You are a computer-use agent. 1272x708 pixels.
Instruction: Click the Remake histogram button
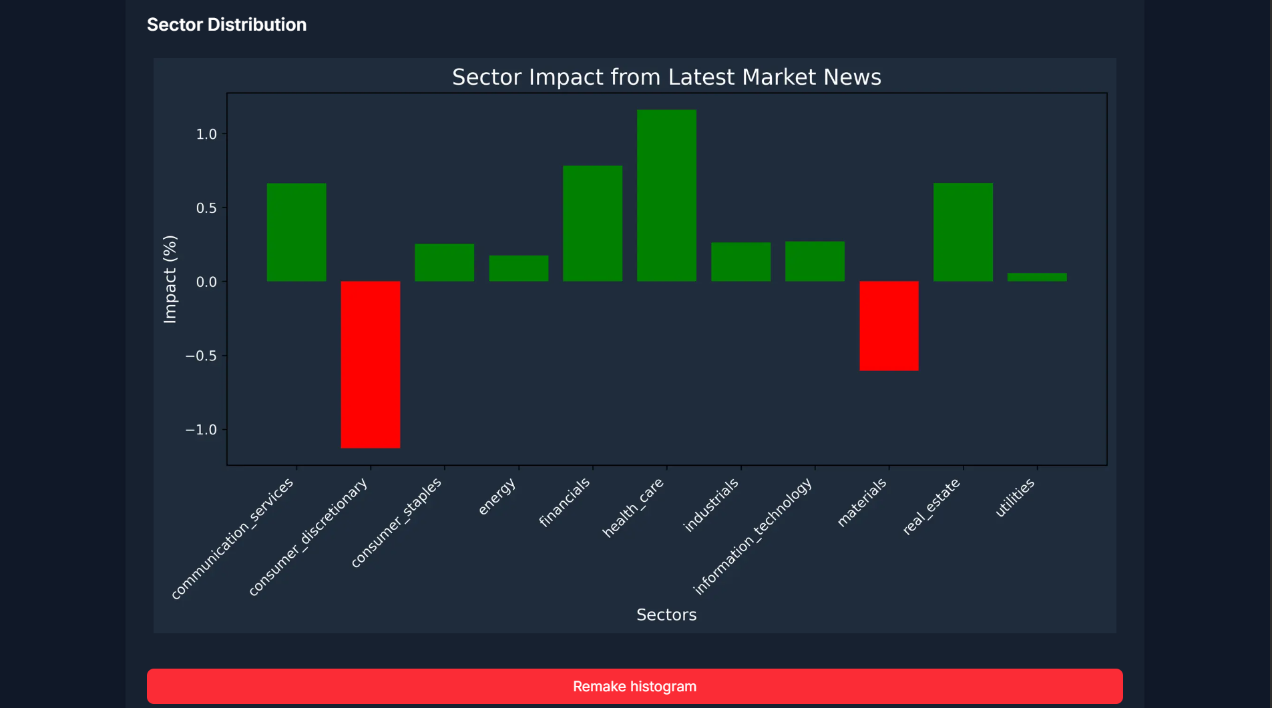pyautogui.click(x=634, y=686)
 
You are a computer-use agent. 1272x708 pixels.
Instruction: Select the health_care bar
pyautogui.click(x=666, y=196)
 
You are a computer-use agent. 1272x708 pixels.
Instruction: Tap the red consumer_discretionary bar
pyautogui.click(x=371, y=364)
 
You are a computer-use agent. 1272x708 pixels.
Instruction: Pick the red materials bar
pyautogui.click(x=889, y=326)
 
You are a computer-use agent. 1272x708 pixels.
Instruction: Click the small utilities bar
pyautogui.click(x=1037, y=277)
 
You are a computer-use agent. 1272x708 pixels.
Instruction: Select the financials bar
pyautogui.click(x=592, y=224)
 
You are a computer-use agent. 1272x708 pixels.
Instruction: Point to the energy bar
pyautogui.click(x=519, y=268)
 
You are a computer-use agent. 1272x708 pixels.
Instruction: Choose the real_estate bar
pyautogui.click(x=963, y=232)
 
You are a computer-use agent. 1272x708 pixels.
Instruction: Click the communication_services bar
pyautogui.click(x=296, y=232)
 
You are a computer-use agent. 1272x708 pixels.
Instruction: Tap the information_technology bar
pyautogui.click(x=815, y=262)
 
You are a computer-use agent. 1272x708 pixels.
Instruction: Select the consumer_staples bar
pyautogui.click(x=444, y=262)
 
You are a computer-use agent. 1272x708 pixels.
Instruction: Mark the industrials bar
pyautogui.click(x=740, y=262)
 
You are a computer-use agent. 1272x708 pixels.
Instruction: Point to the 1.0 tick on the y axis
pyautogui.click(x=206, y=134)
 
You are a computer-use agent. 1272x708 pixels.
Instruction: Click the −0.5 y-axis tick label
pyautogui.click(x=202, y=356)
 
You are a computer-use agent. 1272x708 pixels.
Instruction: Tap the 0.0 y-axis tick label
pyautogui.click(x=206, y=282)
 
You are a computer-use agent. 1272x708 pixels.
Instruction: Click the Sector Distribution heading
pyautogui.click(x=226, y=25)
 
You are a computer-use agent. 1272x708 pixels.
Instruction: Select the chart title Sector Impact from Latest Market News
pyautogui.click(x=666, y=77)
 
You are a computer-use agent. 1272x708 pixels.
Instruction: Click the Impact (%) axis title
pyautogui.click(x=170, y=279)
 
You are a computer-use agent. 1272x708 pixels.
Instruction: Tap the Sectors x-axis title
pyautogui.click(x=666, y=615)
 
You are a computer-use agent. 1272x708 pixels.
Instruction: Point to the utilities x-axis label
pyautogui.click(x=1016, y=498)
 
